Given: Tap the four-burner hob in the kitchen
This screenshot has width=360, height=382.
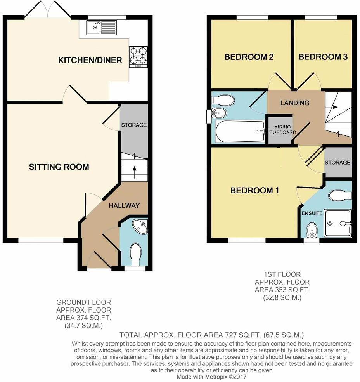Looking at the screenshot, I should pos(138,56).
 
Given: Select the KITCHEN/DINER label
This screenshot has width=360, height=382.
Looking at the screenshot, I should pos(90,60).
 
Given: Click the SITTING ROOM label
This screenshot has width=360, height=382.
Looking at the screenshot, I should pos(59,167).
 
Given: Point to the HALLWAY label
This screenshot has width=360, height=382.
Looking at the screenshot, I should pos(124,205).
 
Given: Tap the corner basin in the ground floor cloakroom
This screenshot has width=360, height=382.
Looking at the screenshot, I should pos(140,227).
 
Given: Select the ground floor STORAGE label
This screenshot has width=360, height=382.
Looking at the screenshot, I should pos(134,125).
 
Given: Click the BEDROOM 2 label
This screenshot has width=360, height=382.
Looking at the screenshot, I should pos(249,57).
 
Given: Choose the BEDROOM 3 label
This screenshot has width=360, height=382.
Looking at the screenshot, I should pos(323,57).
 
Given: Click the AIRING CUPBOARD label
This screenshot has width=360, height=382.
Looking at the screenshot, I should pos(285,130).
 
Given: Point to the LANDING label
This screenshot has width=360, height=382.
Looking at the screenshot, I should pos(295,103).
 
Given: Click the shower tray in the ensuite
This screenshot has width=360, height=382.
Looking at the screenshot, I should pos(338,224).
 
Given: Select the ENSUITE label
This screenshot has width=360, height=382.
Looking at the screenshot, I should pos(312,213).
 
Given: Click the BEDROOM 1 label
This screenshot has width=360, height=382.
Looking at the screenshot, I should pos(255,191).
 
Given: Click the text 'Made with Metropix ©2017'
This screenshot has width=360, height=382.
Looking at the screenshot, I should pos(211,377).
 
